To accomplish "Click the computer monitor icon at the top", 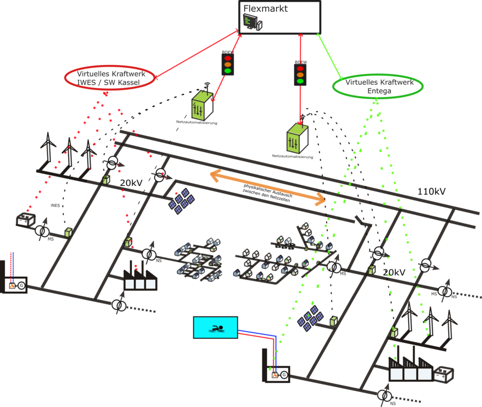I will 250,22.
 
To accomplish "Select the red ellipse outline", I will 109,67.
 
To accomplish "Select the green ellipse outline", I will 378,76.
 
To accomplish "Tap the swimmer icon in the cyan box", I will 216,328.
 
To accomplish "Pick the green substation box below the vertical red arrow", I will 297,139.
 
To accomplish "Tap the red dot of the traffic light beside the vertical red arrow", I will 300,69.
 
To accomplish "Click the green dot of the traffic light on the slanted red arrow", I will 228,71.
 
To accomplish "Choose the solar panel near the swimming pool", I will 311,319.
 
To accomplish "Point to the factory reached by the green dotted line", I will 411,371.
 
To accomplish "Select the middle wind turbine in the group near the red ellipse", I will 69,151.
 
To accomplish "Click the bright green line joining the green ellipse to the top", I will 329,56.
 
